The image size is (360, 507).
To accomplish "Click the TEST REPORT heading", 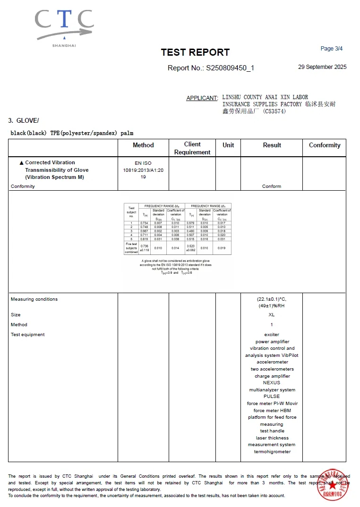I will tap(195, 52).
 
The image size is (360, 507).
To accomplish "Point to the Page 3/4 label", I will tap(331, 49).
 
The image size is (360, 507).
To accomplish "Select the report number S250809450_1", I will tap(230, 68).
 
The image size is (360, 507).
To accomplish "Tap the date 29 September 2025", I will tap(322, 67).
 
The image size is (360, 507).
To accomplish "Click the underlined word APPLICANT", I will tap(202, 98).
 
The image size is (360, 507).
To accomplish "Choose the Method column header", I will tap(143, 145).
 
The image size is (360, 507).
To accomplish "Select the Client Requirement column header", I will tap(192, 148).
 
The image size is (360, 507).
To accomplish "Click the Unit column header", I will tap(228, 145).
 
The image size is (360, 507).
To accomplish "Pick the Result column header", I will tap(272, 145).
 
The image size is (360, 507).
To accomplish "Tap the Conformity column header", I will tap(325, 145).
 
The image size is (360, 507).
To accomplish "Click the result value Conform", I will tap(272, 186).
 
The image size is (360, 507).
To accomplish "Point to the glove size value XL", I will tap(272, 315).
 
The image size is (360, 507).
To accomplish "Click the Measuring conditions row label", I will tap(34, 299).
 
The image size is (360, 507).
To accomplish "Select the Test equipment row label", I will tap(28, 335).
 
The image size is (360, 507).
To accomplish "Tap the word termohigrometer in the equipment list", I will tap(272, 452).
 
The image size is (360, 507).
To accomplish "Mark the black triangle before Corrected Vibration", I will tap(21, 162).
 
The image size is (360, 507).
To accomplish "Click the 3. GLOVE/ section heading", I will tap(24, 120).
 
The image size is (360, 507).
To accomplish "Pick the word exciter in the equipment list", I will tap(272, 335).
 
